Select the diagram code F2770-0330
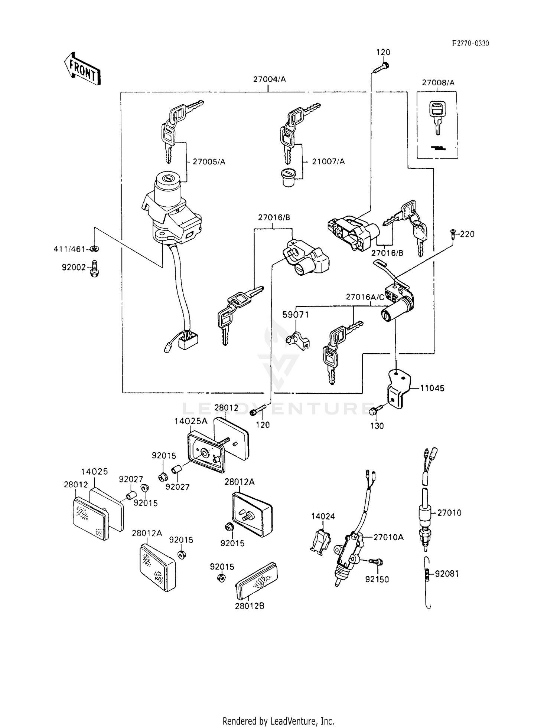click(470, 43)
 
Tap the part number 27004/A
click(269, 79)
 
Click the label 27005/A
click(209, 162)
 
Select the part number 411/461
click(69, 249)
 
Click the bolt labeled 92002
click(95, 269)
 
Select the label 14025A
click(191, 421)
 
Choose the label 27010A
click(388, 537)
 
